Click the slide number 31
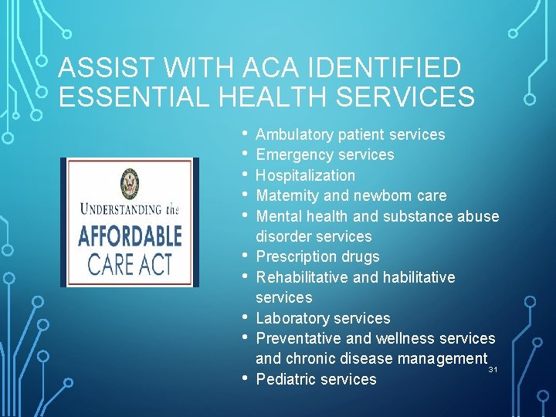[493, 371]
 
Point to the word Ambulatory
[293, 134]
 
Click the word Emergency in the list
[292, 154]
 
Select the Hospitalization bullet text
[305, 175]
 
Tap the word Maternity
[286, 195]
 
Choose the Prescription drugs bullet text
[317, 256]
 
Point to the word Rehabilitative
[302, 277]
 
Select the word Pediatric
[283, 379]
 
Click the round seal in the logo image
[131, 184]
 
